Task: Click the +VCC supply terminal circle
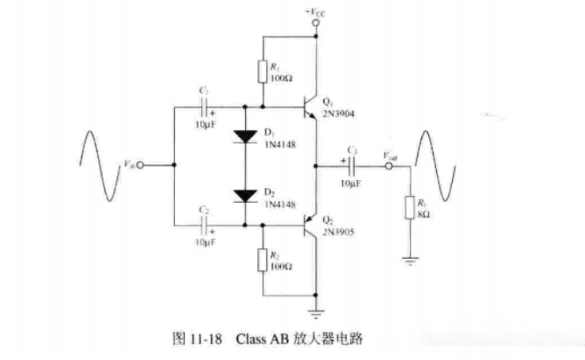pos(316,25)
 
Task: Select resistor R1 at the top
pos(263,72)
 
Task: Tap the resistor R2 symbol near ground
pos(263,260)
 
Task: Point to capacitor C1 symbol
pos(206,108)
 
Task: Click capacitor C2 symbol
pos(206,226)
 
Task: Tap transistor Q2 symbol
pos(310,226)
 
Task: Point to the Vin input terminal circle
pos(141,166)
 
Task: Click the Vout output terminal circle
pos(389,166)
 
